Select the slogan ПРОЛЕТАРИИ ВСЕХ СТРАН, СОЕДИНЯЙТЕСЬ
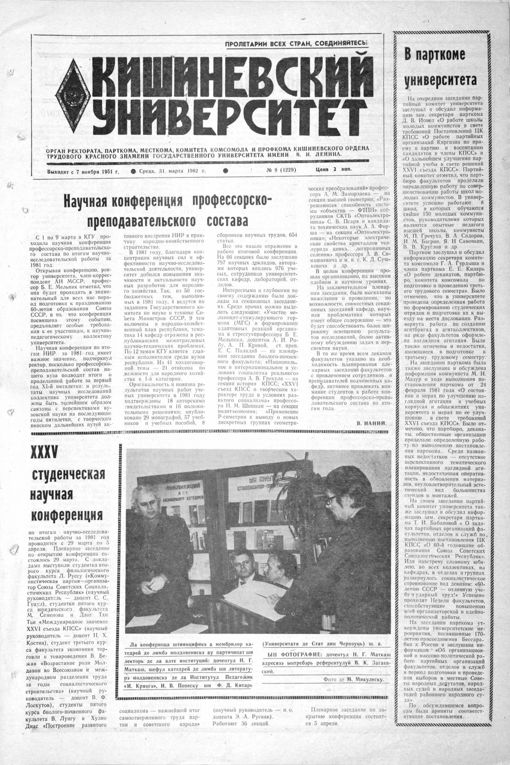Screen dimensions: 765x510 pyautogui.click(x=296, y=44)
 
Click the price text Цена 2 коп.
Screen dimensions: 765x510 pyautogui.click(x=330, y=171)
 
